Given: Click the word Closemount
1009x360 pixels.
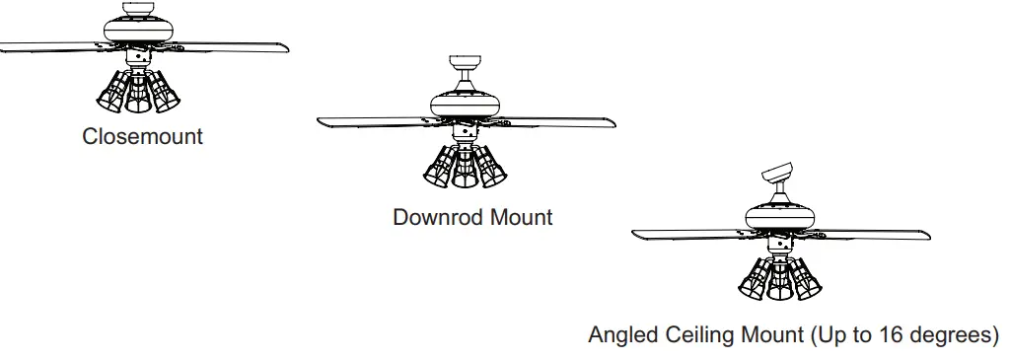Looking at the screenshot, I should click(142, 136).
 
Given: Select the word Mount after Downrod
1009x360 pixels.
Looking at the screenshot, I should click(520, 216).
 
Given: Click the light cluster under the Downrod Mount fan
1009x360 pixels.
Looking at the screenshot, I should click(462, 167).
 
